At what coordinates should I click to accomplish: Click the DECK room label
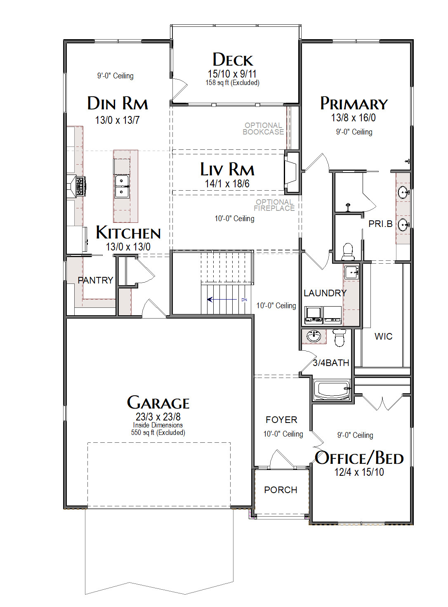[233, 60]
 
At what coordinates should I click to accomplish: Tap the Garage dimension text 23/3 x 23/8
[158, 416]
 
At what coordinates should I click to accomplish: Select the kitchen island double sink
[122, 187]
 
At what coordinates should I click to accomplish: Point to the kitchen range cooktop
[81, 187]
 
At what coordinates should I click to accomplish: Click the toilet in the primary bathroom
[348, 252]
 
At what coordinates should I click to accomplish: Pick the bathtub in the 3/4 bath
[332, 390]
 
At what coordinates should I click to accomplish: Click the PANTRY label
[95, 280]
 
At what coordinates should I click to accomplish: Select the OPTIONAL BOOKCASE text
[263, 129]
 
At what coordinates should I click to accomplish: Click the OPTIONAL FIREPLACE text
[274, 205]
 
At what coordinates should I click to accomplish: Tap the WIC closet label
[383, 336]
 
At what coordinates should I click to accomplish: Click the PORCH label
[281, 490]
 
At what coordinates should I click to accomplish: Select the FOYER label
[281, 420]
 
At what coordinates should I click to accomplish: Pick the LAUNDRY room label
[325, 293]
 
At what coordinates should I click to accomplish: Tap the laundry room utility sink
[351, 272]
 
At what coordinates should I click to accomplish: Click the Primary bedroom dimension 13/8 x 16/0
[353, 118]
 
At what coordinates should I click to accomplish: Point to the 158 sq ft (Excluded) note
[232, 83]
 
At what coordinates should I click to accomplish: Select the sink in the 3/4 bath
[314, 336]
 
